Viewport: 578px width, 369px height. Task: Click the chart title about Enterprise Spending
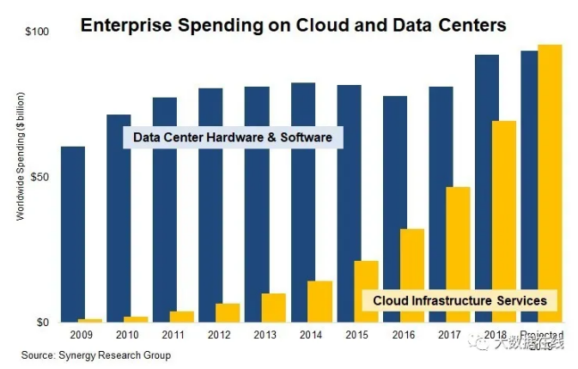pyautogui.click(x=293, y=26)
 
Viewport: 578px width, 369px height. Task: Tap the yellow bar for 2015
pyautogui.click(x=367, y=291)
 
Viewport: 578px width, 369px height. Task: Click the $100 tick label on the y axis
pyautogui.click(x=38, y=32)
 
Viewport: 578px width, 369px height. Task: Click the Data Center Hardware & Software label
pyautogui.click(x=232, y=137)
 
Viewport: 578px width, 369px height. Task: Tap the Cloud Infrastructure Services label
pyautogui.click(x=459, y=300)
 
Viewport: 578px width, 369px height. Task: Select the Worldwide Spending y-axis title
pyautogui.click(x=21, y=154)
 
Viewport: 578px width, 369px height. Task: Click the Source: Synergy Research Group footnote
pyautogui.click(x=96, y=355)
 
